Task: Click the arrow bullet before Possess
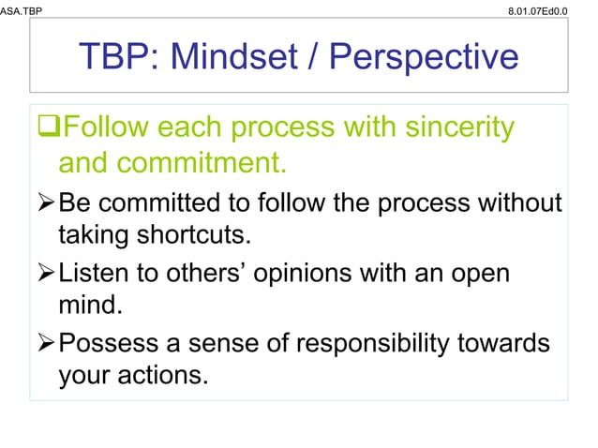tap(46, 344)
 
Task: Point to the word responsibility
tap(377, 344)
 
